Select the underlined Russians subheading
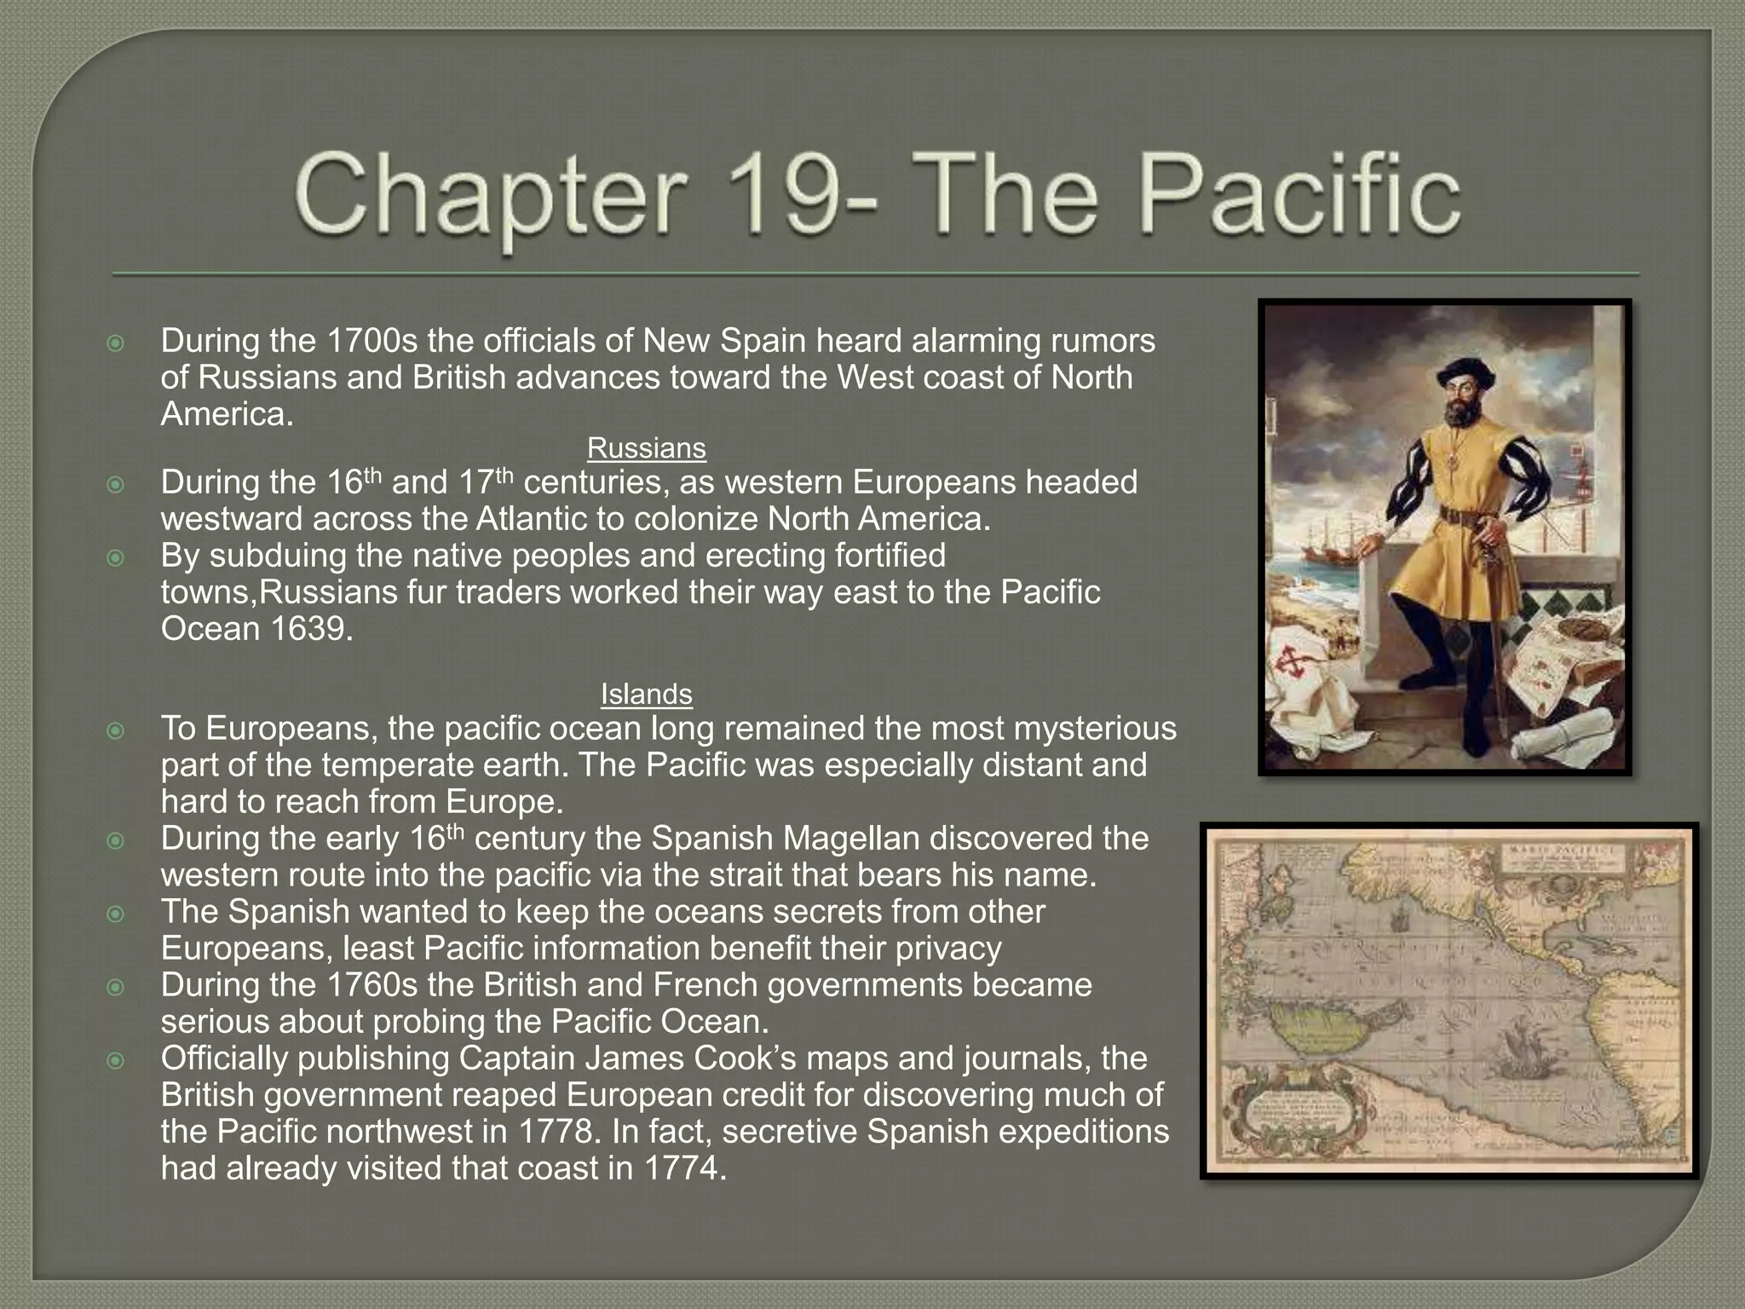click(646, 448)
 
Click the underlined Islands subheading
click(646, 695)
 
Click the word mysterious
click(1095, 729)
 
